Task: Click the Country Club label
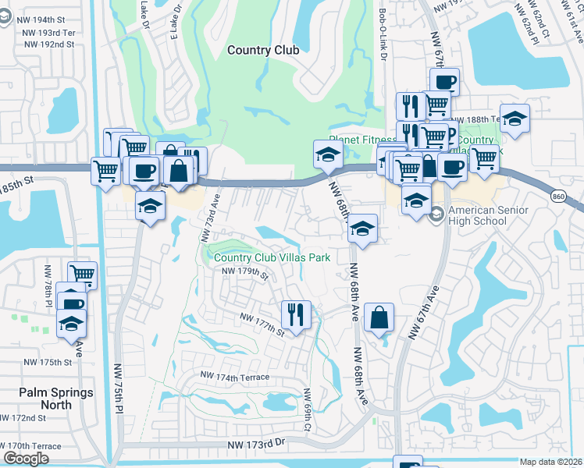[263, 50]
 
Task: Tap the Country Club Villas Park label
[272, 257]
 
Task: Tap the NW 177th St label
[262, 324]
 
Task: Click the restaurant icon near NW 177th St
[295, 314]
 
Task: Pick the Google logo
[27, 459]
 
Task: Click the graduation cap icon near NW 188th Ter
[515, 119]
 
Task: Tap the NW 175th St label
[48, 363]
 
